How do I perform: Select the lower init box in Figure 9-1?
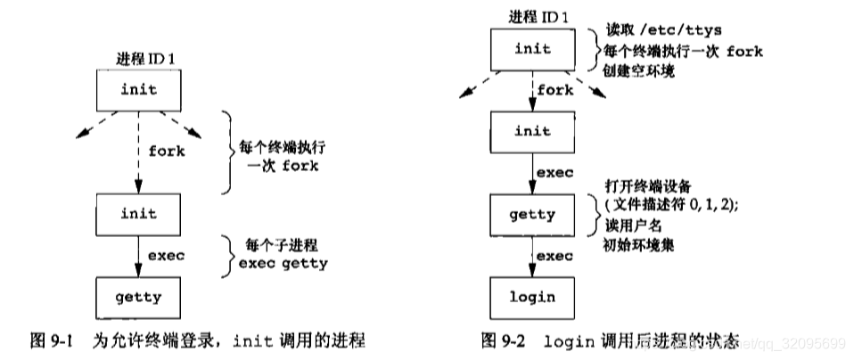coord(138,214)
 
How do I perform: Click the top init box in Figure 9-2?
coord(533,49)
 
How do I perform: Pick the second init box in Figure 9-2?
coord(533,132)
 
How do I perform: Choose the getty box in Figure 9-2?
coord(533,214)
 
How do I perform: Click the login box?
coord(533,297)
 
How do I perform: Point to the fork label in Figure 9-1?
coord(167,151)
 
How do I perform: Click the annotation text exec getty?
coord(282,264)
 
